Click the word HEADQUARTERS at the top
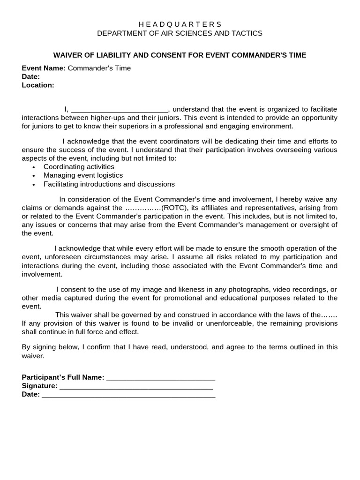pyautogui.click(x=180, y=24)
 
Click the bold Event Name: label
pyautogui.click(x=44, y=68)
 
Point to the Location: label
pyautogui.click(x=38, y=85)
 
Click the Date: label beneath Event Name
pyautogui.click(x=30, y=77)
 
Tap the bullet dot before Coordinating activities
pyautogui.click(x=34, y=167)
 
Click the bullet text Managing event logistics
pyautogui.click(x=83, y=175)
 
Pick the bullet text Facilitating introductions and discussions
pyautogui.click(x=109, y=184)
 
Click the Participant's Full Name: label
pyautogui.click(x=63, y=377)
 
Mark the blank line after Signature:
pyautogui.click(x=136, y=387)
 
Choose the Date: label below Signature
pyautogui.click(x=30, y=394)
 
